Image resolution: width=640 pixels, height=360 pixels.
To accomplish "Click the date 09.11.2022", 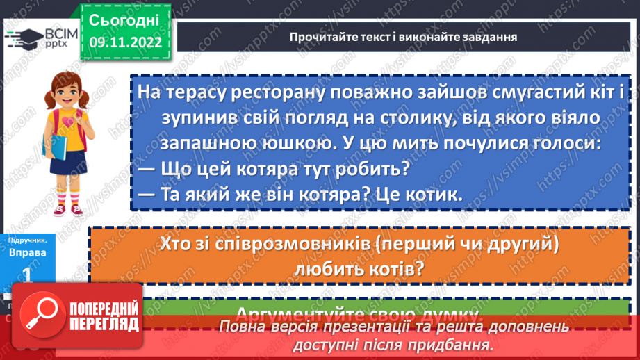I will [124, 42].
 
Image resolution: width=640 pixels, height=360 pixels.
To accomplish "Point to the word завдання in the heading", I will [492, 37].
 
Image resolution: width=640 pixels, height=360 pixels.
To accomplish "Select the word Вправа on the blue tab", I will [28, 252].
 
